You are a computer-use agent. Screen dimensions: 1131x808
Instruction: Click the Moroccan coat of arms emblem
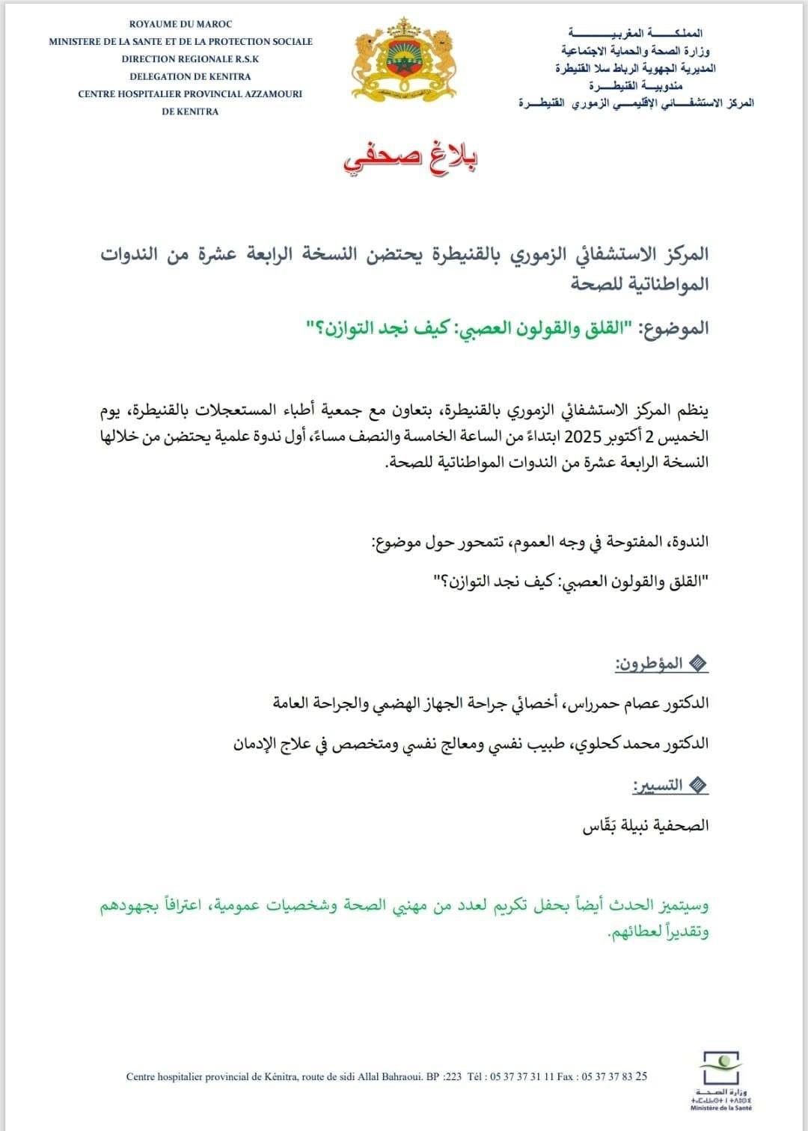tap(403, 66)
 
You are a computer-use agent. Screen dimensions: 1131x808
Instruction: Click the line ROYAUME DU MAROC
tap(180, 25)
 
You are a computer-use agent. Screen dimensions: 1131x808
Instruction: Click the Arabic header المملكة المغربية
tap(635, 34)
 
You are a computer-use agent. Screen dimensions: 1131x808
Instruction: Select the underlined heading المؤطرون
tap(648, 663)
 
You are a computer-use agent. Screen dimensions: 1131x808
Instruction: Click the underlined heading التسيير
tap(657, 785)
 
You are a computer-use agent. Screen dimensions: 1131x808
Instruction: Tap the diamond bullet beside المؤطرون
tap(697, 664)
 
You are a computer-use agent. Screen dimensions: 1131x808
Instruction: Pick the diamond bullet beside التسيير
tap(697, 785)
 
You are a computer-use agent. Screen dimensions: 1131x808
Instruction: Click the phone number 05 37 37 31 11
tap(521, 1077)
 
